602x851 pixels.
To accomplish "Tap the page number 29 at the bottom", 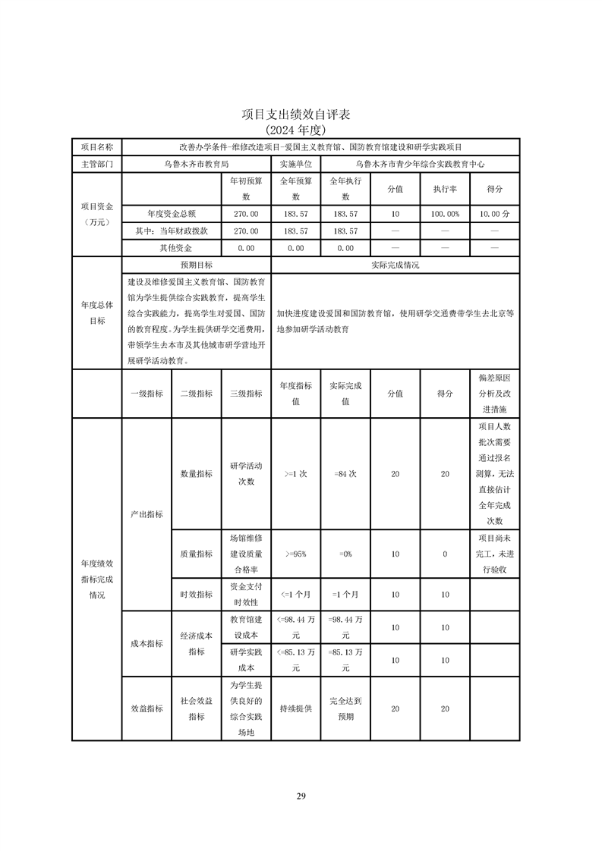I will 301,796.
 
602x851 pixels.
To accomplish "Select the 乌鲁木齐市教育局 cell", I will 196,163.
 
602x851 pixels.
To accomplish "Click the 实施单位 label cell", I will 295,163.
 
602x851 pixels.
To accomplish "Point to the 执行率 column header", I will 445,189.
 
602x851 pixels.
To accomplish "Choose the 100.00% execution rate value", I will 445,215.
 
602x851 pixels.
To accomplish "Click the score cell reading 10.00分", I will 494,215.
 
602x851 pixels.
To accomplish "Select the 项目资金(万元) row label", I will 96,215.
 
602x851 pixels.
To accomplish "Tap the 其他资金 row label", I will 175,248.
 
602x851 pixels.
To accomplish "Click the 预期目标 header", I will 196,265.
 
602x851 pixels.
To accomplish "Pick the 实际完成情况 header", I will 395,265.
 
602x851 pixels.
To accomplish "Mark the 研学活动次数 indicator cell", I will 246,474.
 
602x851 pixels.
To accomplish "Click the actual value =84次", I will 345,474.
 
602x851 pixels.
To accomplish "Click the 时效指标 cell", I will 196,595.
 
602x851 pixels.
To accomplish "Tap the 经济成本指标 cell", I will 196,644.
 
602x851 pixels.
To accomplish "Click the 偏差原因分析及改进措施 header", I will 494,394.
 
